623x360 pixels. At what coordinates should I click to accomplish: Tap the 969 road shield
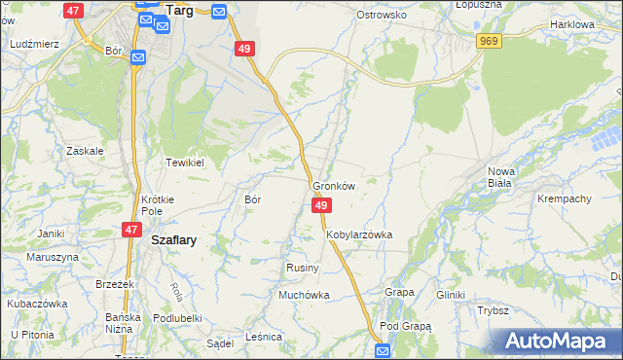pos(489,40)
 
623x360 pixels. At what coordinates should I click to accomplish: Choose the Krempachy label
pos(565,198)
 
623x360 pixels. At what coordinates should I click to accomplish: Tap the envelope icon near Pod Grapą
pos(383,350)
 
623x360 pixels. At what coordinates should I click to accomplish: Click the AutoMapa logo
pos(554,342)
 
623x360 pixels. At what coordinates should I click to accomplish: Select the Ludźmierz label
pos(34,45)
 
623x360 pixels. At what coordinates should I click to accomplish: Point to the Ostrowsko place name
pos(381,16)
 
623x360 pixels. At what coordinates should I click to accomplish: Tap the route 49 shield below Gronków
pos(322,205)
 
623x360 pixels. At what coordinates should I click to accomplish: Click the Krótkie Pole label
pos(157,204)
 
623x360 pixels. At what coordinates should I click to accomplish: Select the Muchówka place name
pos(305,295)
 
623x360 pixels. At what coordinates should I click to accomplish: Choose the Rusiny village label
pos(298,268)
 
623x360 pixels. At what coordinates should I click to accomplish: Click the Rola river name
pos(176,290)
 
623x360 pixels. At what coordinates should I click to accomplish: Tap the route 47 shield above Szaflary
pos(131,230)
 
